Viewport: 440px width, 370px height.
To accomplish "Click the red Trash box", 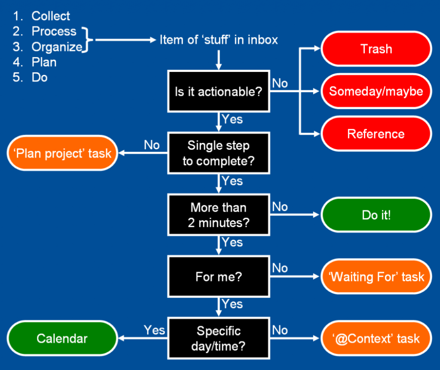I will click(376, 49).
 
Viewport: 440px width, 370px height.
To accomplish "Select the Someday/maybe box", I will click(376, 91).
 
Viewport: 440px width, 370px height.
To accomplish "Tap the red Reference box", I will click(376, 134).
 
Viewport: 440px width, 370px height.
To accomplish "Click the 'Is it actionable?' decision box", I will click(218, 91).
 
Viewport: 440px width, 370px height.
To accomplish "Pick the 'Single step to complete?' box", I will click(218, 153).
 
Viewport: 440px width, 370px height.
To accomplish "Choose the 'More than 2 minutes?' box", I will click(218, 215).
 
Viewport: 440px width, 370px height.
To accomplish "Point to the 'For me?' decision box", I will click(218, 277).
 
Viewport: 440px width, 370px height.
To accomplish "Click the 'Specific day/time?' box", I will click(218, 338).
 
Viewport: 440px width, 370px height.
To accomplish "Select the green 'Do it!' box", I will click(376, 215).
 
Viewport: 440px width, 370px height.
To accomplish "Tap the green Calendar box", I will click(62, 338).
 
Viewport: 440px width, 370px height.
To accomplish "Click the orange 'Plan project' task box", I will click(62, 153).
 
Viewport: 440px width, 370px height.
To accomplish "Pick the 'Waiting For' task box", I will click(376, 277).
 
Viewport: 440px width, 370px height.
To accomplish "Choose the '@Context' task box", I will click(376, 338).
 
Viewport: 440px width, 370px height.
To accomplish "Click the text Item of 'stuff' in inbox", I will click(219, 40).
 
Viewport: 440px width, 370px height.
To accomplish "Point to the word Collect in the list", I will click(51, 16).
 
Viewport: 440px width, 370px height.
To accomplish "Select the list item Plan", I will click(44, 62).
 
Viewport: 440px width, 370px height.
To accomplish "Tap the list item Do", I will click(40, 78).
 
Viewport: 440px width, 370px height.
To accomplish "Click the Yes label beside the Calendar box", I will click(154, 330).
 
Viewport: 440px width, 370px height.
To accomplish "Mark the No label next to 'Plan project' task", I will click(152, 145).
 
